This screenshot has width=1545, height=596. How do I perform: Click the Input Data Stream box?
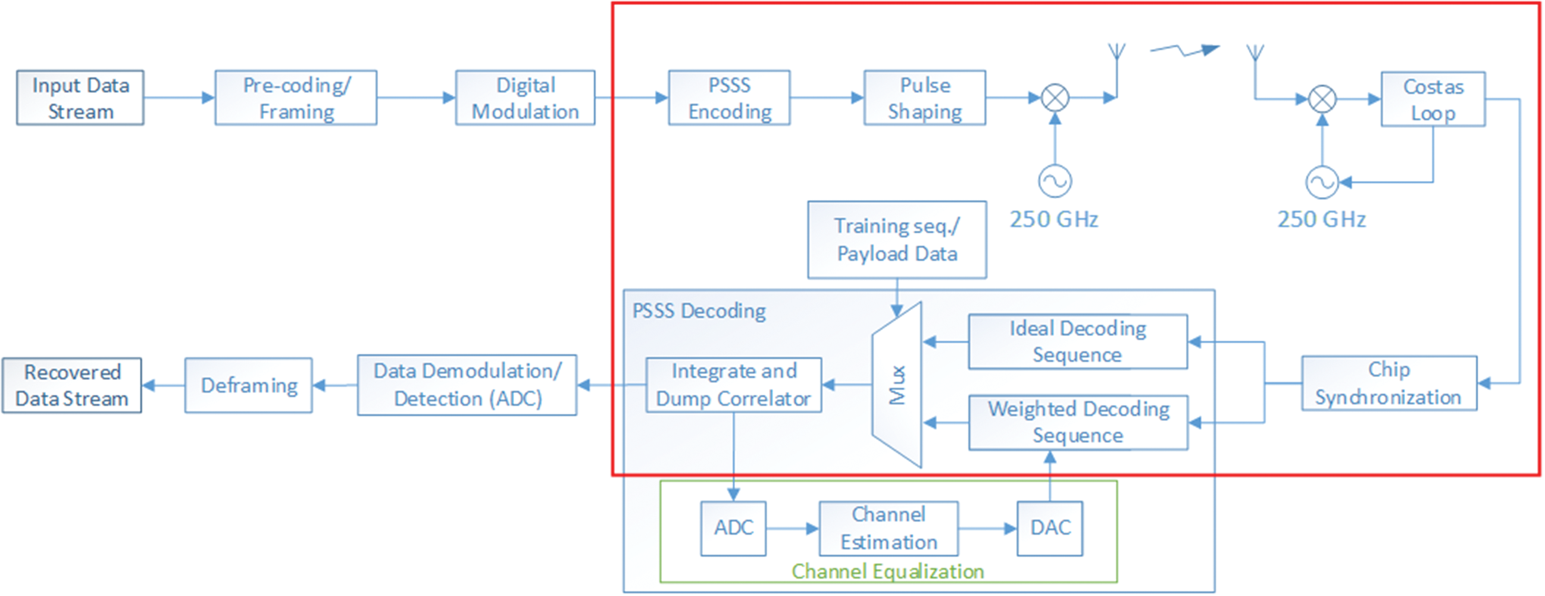(80, 98)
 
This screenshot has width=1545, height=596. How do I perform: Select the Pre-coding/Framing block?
(296, 98)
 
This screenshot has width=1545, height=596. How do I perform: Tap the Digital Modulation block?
(526, 98)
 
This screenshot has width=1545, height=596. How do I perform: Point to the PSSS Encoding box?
(729, 98)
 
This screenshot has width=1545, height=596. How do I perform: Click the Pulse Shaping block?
(925, 98)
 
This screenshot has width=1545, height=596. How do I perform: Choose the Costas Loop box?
(1433, 99)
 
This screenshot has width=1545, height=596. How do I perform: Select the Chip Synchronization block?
(1388, 383)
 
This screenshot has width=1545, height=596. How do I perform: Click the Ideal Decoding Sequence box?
(1078, 342)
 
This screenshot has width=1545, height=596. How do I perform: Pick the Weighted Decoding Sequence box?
(1078, 422)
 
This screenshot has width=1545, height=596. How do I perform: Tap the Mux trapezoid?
(897, 385)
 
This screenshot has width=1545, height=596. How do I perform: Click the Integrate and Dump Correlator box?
(733, 385)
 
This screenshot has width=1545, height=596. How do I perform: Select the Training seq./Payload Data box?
(897, 240)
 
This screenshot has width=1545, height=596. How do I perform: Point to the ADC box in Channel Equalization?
(733, 528)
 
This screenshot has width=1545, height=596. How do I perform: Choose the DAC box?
(1050, 528)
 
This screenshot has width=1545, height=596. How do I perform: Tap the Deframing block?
(249, 385)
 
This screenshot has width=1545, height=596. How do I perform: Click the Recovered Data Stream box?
(72, 385)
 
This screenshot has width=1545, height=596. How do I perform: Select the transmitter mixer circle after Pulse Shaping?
(1055, 98)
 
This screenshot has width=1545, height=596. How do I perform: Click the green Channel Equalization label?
(887, 572)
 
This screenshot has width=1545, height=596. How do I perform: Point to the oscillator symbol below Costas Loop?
(1322, 182)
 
